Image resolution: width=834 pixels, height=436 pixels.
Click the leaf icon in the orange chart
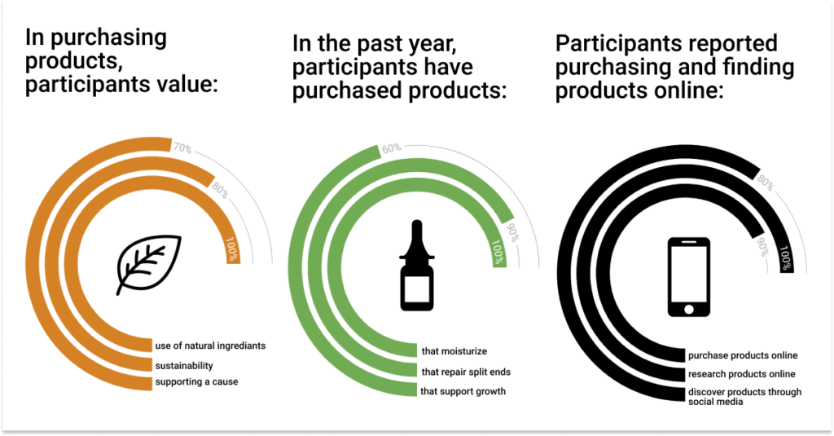149,264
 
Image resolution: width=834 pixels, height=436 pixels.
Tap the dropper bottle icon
417,265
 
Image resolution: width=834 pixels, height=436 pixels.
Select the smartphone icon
689,277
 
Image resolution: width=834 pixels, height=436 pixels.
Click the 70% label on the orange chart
182,148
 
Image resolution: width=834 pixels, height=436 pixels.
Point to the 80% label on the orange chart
220,190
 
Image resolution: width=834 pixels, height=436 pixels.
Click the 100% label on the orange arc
232,249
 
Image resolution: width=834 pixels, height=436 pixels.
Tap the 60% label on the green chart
392,148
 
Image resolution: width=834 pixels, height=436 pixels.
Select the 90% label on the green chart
511,232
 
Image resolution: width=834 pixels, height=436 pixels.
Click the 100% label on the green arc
498,252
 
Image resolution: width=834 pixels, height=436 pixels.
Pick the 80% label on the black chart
766,183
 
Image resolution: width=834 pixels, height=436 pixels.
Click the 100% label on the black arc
786,258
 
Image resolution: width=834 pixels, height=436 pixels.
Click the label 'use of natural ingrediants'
210,346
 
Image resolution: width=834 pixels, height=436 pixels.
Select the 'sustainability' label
184,366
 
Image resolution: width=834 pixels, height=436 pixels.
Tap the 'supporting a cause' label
196,381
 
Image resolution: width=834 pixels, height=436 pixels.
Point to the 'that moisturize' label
454,351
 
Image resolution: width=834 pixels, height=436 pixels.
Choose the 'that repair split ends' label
466,372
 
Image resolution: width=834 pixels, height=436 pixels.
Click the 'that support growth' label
463,391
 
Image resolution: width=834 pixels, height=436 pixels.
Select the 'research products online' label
741,374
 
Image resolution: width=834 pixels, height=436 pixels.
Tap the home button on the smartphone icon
689,310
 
